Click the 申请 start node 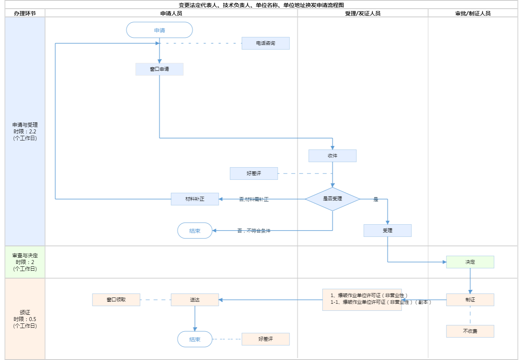159,30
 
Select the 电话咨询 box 265,43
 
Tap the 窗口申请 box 159,69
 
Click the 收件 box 332,156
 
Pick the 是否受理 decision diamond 332,199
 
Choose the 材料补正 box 195,199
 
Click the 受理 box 387,231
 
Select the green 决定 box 470,262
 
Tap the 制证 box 470,300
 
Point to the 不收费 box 470,331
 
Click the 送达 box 195,300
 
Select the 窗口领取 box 116,300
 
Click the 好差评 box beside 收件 254,174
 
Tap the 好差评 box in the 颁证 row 265,339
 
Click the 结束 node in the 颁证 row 195,339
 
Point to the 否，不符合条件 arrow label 254,231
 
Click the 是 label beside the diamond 376,199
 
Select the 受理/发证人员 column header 362,13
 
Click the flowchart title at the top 261,5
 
